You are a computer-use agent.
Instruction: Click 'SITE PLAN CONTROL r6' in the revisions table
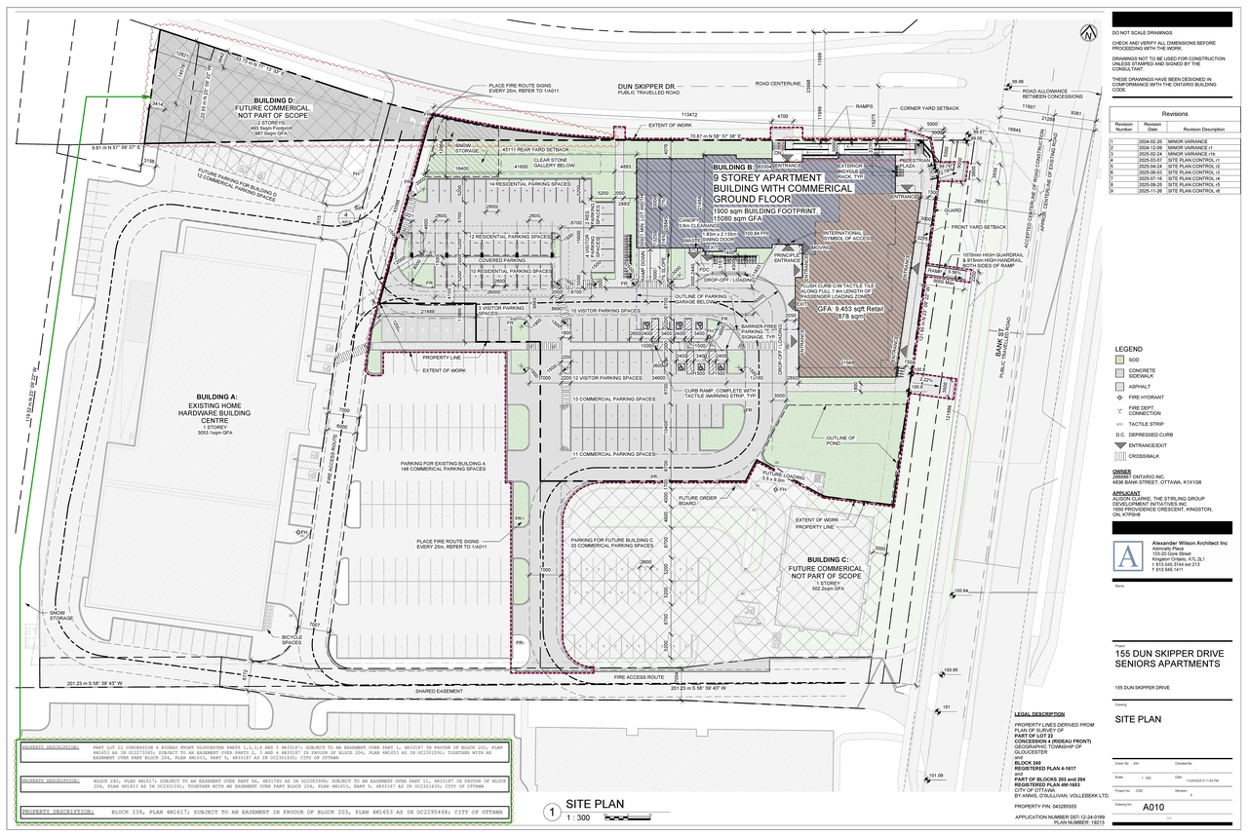1204,191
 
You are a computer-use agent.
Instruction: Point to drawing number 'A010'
1153,806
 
